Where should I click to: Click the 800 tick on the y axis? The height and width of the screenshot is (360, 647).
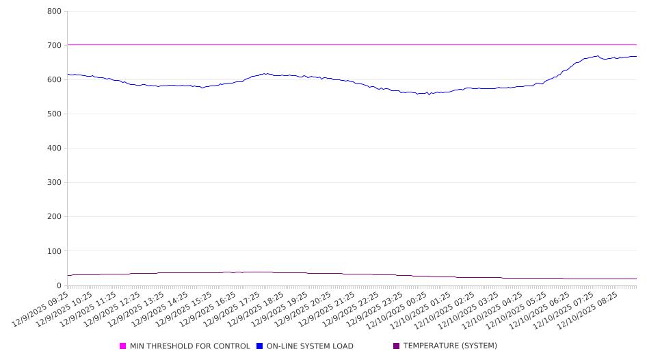pyautogui.click(x=55, y=12)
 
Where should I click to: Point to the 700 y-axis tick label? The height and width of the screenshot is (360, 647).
pyautogui.click(x=55, y=46)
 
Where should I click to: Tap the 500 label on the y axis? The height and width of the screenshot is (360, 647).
pyautogui.click(x=55, y=114)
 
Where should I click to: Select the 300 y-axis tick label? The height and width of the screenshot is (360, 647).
pyautogui.click(x=55, y=183)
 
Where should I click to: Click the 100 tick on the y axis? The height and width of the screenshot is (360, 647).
pyautogui.click(x=55, y=251)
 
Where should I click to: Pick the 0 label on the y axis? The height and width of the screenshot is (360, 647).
pyautogui.click(x=59, y=285)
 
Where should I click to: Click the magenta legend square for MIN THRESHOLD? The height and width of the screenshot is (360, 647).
pyautogui.click(x=123, y=346)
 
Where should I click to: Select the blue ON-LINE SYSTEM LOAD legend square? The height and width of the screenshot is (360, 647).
pyautogui.click(x=260, y=346)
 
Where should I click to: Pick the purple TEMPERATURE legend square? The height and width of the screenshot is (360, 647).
pyautogui.click(x=397, y=346)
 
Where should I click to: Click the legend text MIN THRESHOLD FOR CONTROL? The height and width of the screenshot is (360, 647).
pyautogui.click(x=189, y=346)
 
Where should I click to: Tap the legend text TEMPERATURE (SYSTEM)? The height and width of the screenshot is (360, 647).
pyautogui.click(x=450, y=346)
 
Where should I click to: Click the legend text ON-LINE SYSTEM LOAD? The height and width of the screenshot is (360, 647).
pyautogui.click(x=310, y=346)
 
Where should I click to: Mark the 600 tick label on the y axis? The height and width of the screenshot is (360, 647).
pyautogui.click(x=55, y=80)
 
